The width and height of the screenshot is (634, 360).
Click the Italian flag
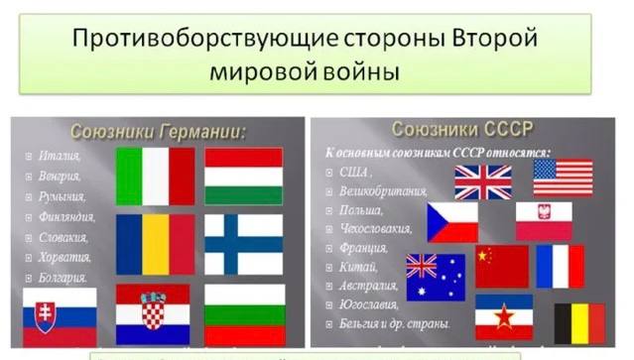(155, 176)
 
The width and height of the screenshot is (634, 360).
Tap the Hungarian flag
(244, 176)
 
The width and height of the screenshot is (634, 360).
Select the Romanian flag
(155, 244)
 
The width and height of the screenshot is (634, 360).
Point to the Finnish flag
(244, 244)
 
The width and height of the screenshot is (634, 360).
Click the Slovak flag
(60, 315)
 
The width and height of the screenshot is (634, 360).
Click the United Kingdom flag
(483, 182)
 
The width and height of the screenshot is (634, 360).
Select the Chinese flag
(501, 267)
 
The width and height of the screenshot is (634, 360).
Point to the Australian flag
(436, 277)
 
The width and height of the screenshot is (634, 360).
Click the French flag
(561, 266)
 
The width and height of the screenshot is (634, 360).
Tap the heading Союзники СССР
(462, 129)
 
